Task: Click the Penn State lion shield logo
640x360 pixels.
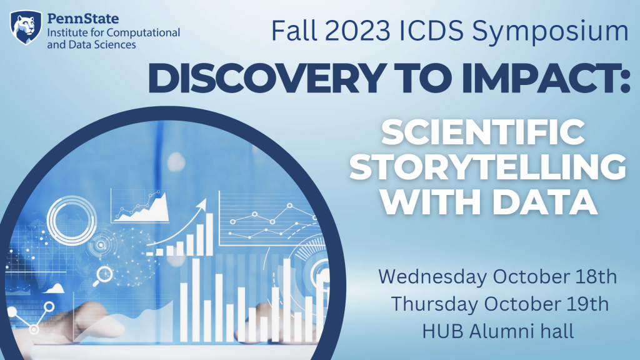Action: point(26,27)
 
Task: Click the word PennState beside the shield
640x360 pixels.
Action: point(83,18)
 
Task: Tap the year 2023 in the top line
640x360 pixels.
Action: point(358,31)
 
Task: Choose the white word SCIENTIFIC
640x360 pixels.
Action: point(483,132)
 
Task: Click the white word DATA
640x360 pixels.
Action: point(545,202)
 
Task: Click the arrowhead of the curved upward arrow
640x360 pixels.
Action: point(201,205)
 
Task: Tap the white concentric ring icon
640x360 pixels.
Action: point(72,221)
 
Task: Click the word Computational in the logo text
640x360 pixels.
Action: point(143,32)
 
